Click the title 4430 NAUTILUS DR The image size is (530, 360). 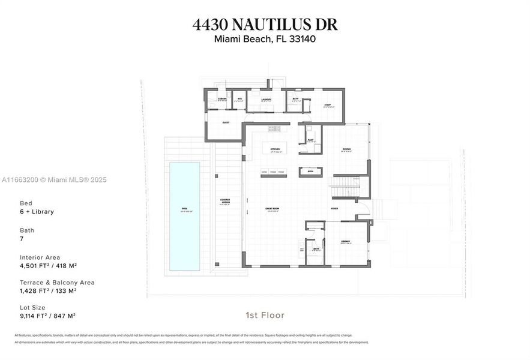(x=265, y=25)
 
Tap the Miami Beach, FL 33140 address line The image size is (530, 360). (x=265, y=40)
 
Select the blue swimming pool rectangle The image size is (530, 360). (x=184, y=215)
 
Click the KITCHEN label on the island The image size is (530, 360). (x=274, y=148)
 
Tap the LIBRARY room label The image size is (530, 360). (x=345, y=241)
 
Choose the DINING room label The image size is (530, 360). (x=346, y=149)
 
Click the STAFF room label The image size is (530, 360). (x=328, y=104)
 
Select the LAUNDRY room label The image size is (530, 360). (x=266, y=100)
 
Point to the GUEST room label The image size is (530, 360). (x=226, y=122)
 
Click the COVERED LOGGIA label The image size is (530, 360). (x=225, y=202)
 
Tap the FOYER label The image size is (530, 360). (x=334, y=208)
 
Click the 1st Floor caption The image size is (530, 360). (x=265, y=315)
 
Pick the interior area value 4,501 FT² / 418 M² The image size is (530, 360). (x=48, y=265)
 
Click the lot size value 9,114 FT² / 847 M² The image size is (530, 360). (x=47, y=316)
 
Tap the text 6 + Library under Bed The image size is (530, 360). (x=37, y=212)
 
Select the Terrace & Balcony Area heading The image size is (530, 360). (x=57, y=282)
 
